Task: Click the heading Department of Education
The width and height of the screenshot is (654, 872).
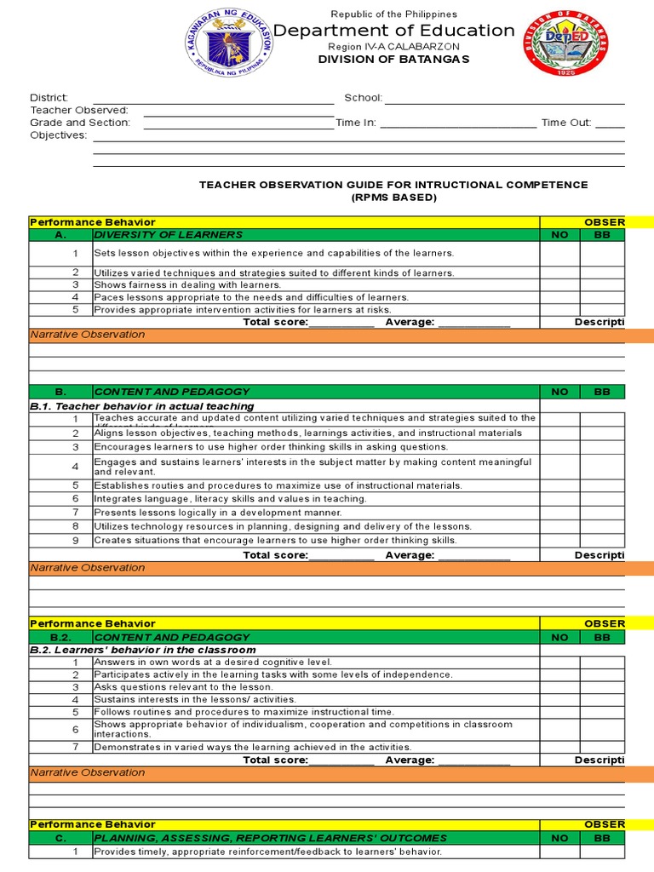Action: click(393, 31)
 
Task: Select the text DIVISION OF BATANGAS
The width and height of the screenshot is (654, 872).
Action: click(393, 60)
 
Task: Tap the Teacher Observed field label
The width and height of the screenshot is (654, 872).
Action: click(79, 111)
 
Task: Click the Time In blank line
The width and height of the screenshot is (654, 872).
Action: click(457, 123)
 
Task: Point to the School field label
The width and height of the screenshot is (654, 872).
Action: click(363, 98)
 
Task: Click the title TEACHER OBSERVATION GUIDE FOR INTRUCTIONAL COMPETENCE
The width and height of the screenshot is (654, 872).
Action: click(393, 185)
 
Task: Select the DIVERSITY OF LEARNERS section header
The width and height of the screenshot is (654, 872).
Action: click(169, 235)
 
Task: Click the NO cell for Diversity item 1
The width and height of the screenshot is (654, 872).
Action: click(559, 254)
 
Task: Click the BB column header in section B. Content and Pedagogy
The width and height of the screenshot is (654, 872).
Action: click(602, 392)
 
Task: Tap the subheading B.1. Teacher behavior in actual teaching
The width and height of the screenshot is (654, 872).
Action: click(142, 407)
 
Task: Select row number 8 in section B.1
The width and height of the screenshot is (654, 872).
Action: click(75, 527)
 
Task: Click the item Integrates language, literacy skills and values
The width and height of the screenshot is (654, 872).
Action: click(230, 499)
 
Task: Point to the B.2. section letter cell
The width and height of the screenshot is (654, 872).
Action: click(60, 637)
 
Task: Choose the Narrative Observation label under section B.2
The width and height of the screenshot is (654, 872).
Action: click(88, 773)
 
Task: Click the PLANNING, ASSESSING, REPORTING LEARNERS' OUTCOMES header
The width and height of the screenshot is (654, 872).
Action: click(270, 838)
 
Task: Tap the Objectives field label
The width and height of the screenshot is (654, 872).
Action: click(59, 135)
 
